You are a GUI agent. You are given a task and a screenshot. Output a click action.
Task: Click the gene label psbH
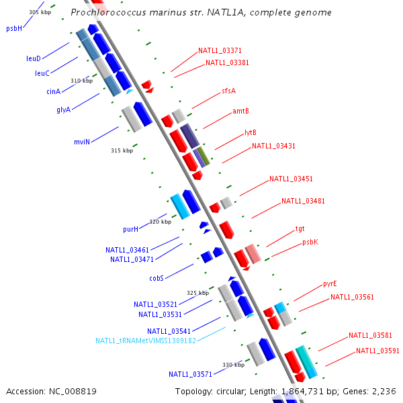[x=14, y=28]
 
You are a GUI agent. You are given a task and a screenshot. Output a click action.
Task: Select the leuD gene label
[x=34, y=58]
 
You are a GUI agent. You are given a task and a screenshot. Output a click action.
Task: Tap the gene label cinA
[x=54, y=91]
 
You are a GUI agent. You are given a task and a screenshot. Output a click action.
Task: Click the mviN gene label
[x=82, y=142]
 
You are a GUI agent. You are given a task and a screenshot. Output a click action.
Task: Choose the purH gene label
[x=130, y=229]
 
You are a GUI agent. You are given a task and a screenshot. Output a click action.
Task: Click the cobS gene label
[x=156, y=277]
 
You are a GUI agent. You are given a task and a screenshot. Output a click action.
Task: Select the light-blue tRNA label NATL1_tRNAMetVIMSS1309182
[x=146, y=341]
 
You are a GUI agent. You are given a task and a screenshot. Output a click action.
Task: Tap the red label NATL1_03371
[x=220, y=50]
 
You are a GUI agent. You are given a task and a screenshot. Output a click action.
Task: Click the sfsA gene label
[x=228, y=91]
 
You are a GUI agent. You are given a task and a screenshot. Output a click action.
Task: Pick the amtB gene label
[x=240, y=111]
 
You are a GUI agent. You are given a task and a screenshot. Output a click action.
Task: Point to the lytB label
[x=251, y=133]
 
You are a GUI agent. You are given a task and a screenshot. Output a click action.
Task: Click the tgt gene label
[x=300, y=228]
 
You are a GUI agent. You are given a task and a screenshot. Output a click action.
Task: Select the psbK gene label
[x=310, y=242]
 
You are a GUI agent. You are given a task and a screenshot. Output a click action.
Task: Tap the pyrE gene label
[x=330, y=283]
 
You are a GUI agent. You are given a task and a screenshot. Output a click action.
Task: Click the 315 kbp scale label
[x=122, y=150]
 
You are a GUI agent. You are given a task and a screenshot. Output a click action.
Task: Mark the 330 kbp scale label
[x=233, y=365]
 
